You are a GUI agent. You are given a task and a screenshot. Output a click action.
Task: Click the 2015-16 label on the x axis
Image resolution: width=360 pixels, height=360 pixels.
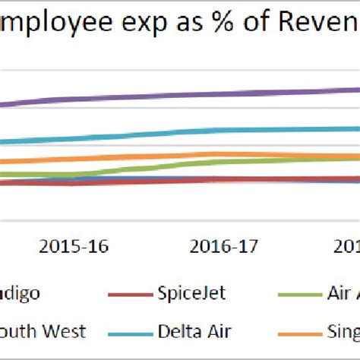[74, 246]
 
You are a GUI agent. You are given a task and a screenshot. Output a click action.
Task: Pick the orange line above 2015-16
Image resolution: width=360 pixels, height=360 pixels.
[74, 159]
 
